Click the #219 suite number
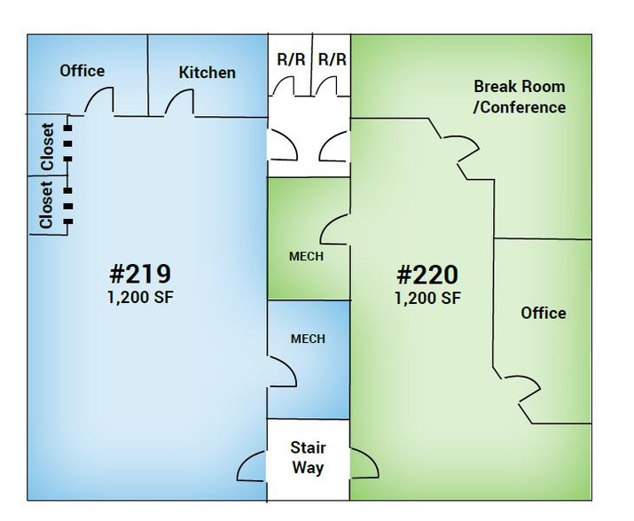pyautogui.click(x=140, y=274)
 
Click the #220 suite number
pyautogui.click(x=427, y=275)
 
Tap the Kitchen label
pyautogui.click(x=207, y=73)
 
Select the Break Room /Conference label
pyautogui.click(x=520, y=97)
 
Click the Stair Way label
pyautogui.click(x=308, y=457)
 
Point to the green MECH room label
pyautogui.click(x=306, y=256)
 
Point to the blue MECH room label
pyautogui.click(x=308, y=338)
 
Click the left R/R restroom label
pyautogui.click(x=291, y=59)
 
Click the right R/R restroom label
pyautogui.click(x=333, y=59)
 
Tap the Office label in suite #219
pyautogui.click(x=82, y=71)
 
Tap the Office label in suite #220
pyautogui.click(x=544, y=314)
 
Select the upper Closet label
pyautogui.click(x=47, y=147)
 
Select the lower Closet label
pyautogui.click(x=46, y=205)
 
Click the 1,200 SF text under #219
pyautogui.click(x=140, y=298)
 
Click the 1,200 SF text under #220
pyautogui.click(x=427, y=299)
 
